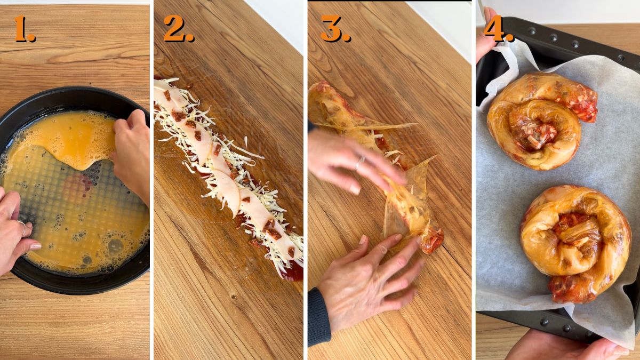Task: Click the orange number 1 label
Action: click(23, 29)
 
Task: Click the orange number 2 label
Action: click(178, 29)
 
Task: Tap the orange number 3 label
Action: click(334, 29)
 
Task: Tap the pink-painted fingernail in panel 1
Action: click(35, 246)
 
